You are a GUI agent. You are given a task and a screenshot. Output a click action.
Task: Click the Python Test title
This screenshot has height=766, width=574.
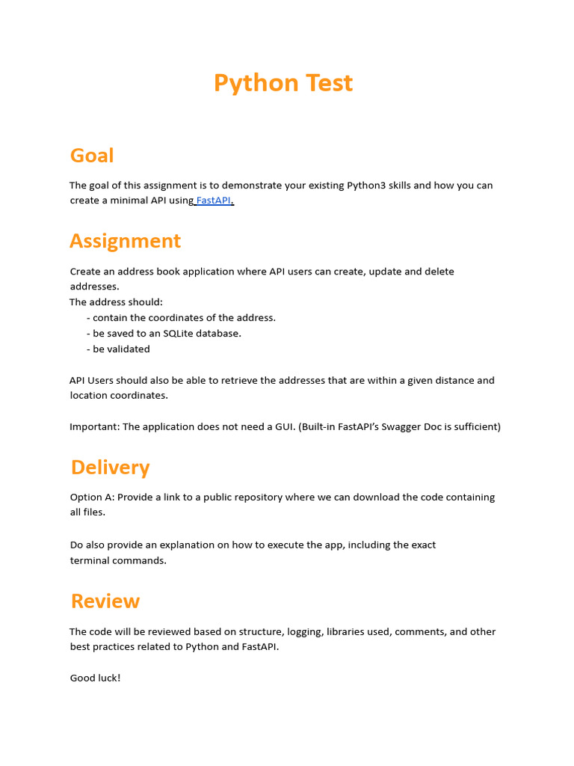coord(283,83)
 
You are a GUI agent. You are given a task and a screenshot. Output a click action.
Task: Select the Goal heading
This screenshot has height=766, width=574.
coord(92,156)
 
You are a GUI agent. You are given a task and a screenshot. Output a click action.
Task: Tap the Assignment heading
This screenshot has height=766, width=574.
coord(125,241)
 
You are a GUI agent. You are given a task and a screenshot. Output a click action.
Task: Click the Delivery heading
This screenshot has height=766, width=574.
coord(110,468)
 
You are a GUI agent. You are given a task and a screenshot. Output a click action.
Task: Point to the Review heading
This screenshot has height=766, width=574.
coord(105,601)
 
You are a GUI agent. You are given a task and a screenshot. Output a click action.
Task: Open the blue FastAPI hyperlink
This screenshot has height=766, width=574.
coord(214,200)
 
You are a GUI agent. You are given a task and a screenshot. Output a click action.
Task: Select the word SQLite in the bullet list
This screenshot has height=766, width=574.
coord(179,334)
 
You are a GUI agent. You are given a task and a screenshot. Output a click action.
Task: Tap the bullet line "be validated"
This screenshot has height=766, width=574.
coord(121,349)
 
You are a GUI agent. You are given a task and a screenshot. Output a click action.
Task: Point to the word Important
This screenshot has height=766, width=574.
coord(93,427)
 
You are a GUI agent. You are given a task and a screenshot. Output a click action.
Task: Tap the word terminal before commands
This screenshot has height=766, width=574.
coord(90,560)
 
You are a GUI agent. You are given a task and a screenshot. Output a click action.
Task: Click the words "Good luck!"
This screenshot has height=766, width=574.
coord(95,678)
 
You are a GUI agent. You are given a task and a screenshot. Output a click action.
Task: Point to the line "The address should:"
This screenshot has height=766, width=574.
coord(116,302)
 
